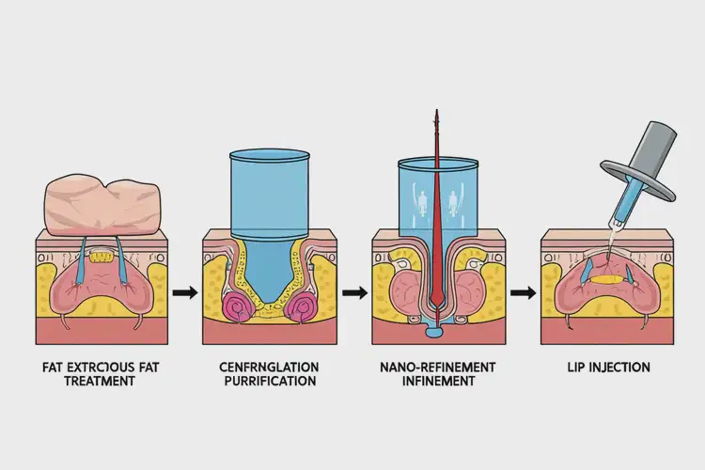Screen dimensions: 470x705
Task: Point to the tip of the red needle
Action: point(435,114)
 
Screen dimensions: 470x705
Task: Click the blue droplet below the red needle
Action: point(434,330)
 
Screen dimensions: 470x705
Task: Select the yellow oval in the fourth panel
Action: point(609,279)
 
